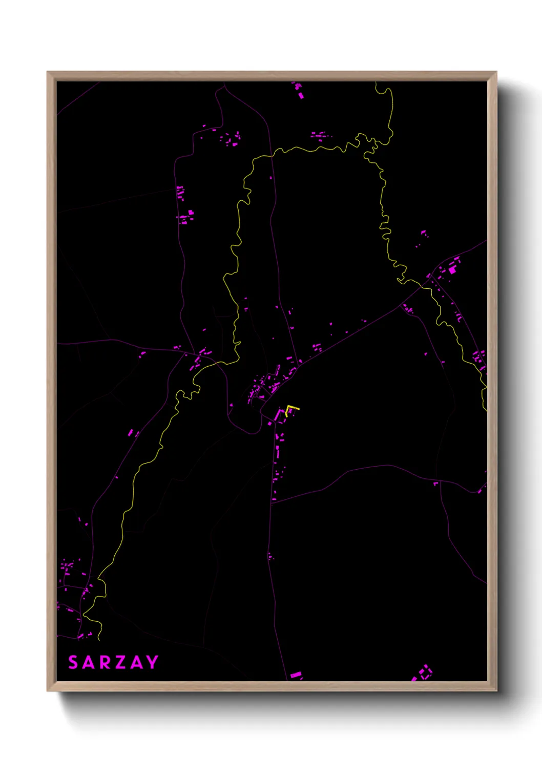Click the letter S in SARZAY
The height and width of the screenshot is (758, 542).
73,662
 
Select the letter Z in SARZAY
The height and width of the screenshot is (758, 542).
120,662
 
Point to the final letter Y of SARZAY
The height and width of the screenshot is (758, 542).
152,662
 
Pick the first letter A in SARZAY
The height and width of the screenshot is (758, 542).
89,662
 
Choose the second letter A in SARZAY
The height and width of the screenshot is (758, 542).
136,662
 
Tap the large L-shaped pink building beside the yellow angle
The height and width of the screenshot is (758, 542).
279,414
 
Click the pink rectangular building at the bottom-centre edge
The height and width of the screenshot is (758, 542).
296,675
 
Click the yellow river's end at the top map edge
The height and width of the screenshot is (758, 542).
376,83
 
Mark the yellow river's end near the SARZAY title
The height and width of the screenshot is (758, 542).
98,639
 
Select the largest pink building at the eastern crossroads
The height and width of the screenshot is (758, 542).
452,269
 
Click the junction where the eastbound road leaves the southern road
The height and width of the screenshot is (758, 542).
272,502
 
